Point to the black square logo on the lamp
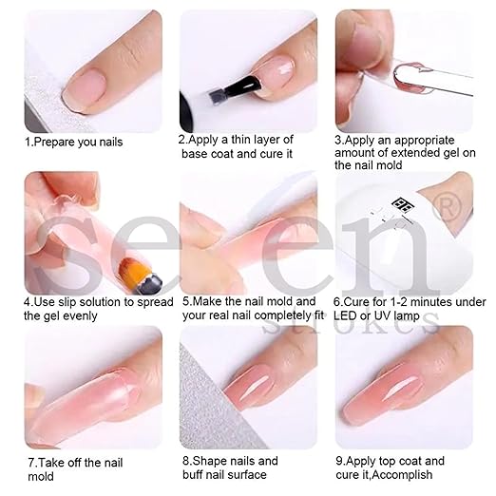tap(402, 204)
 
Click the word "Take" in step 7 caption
tap(51, 463)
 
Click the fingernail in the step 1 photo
tap(84, 88)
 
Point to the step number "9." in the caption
tap(341, 461)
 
